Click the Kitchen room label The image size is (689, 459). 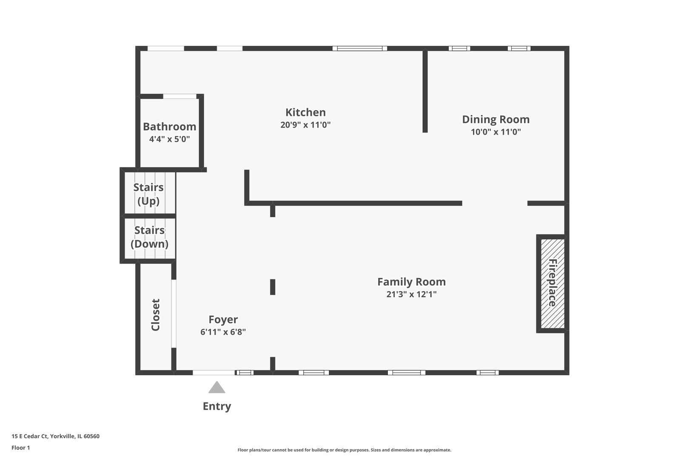pos(305,112)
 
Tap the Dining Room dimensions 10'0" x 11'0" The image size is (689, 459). pos(495,132)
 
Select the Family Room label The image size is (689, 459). pos(411,282)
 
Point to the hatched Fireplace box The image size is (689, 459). pos(552,283)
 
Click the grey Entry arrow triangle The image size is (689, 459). pos(216,388)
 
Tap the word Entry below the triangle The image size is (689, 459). pos(216,406)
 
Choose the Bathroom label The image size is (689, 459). pos(169,127)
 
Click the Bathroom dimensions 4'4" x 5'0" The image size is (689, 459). pos(169,139)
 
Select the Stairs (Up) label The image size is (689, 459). pos(148,194)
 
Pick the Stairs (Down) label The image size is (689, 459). pos(149,237)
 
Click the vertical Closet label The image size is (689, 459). pos(156,314)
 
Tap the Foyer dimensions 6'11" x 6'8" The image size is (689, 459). pos(223,332)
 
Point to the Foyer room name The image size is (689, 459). pos(223,320)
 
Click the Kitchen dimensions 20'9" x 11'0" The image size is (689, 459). pos(305,125)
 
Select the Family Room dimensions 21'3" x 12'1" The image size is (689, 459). pos(411,294)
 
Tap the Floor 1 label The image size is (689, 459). pos(20,448)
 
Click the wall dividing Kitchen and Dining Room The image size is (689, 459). pos(425,91)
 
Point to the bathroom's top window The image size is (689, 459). pos(180,96)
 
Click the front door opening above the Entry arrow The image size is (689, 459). pos(214,373)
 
